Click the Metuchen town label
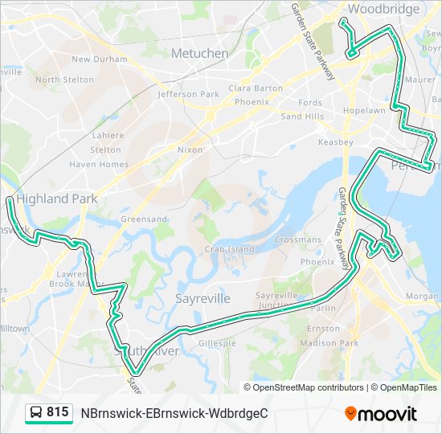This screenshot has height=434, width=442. pyautogui.click(x=199, y=53)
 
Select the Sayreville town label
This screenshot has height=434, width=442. pyautogui.click(x=203, y=298)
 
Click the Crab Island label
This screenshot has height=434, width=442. pyautogui.click(x=228, y=249)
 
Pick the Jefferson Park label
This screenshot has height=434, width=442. pyautogui.click(x=188, y=94)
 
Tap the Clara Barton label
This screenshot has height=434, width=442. pyautogui.click(x=256, y=88)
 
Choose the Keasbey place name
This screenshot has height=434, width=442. pyautogui.click(x=335, y=142)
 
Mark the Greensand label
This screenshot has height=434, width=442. pyautogui.click(x=143, y=219)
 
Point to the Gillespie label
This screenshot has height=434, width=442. pyautogui.click(x=217, y=343)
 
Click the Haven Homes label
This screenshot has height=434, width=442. pyautogui.click(x=98, y=164)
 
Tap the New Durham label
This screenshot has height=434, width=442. pyautogui.click(x=99, y=59)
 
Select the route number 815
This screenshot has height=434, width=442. pyautogui.click(x=57, y=412)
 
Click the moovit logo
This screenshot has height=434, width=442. pyautogui.click(x=380, y=413)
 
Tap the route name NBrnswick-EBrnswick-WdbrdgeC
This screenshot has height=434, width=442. pyautogui.click(x=174, y=413)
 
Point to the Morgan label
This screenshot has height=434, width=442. pyautogui.click(x=422, y=296)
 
